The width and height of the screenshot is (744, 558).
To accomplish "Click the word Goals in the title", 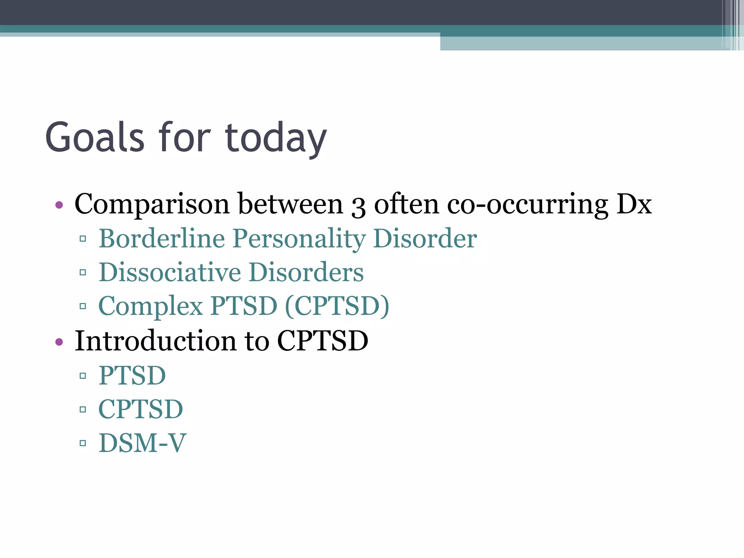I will (x=95, y=137).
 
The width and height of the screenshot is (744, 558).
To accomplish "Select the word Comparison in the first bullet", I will (x=152, y=204).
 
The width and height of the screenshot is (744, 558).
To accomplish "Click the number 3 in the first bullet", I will (x=358, y=206).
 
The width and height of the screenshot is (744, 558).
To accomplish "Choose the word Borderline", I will (x=162, y=239).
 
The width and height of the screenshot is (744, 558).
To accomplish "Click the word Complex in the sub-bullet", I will (x=150, y=306).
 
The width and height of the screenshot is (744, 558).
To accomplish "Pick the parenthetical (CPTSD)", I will (x=337, y=306).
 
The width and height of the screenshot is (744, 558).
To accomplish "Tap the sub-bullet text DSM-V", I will (x=142, y=443).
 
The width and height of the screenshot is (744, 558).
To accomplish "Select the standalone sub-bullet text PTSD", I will (x=132, y=375).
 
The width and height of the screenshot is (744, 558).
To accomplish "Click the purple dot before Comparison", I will (x=59, y=205).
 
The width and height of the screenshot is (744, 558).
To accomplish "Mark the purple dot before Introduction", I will (x=59, y=342).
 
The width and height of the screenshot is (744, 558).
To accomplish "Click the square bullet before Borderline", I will (x=83, y=239).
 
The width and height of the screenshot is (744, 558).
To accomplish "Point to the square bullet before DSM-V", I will (x=83, y=443).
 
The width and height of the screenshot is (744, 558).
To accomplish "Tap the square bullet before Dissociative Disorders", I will (x=83, y=272).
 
